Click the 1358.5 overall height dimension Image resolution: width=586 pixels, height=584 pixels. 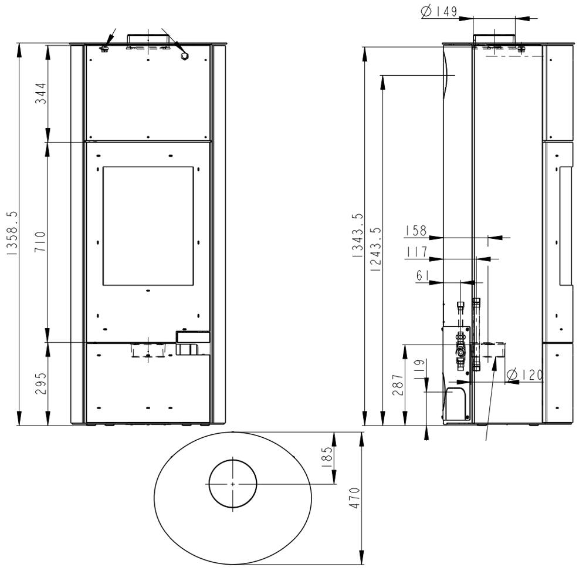12,233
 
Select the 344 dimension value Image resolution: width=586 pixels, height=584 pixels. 40,93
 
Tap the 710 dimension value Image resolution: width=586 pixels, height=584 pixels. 40,241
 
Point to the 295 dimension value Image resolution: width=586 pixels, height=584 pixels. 40,383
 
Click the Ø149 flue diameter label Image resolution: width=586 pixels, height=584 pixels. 439,11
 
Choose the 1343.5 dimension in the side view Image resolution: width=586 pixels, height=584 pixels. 357,235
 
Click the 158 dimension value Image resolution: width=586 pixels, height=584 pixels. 415,230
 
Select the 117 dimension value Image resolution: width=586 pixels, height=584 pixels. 417,252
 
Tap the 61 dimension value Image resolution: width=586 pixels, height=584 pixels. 423,275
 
